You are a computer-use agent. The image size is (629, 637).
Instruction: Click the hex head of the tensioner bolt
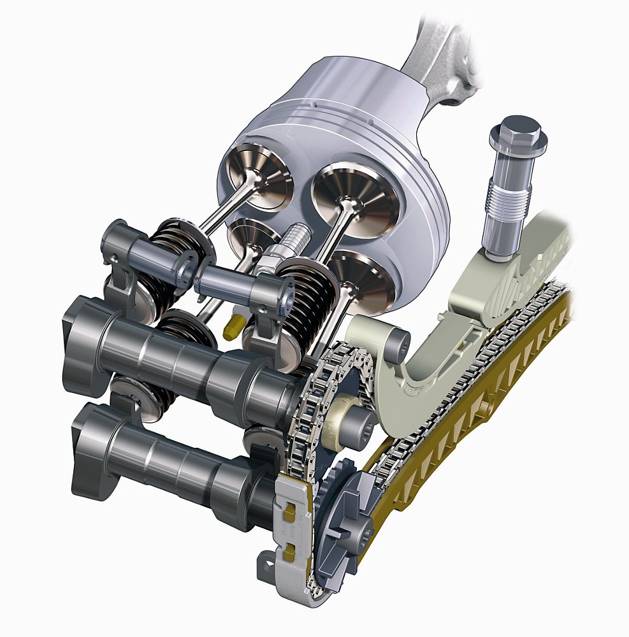tap(514, 132)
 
